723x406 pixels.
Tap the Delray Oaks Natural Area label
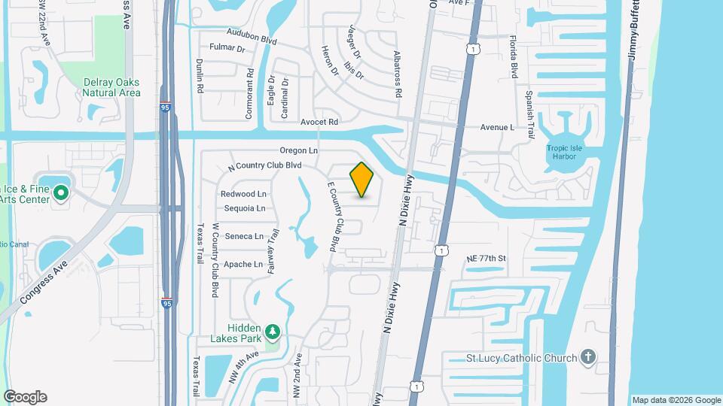[x=111, y=88]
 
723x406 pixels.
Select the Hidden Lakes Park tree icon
[x=273, y=331]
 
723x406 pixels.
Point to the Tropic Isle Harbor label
[x=565, y=152]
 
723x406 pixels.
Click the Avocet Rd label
[x=320, y=122]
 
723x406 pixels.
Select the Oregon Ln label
[x=298, y=151]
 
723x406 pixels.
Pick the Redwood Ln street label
[x=243, y=194]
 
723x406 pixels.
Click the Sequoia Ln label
[x=243, y=208]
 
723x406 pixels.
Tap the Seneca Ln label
[x=244, y=236]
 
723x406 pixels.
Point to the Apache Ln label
[x=243, y=265]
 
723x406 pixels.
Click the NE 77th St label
[x=487, y=259]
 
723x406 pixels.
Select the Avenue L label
[x=497, y=128]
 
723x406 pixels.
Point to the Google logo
[x=25, y=397]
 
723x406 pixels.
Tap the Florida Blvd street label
[x=514, y=57]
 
